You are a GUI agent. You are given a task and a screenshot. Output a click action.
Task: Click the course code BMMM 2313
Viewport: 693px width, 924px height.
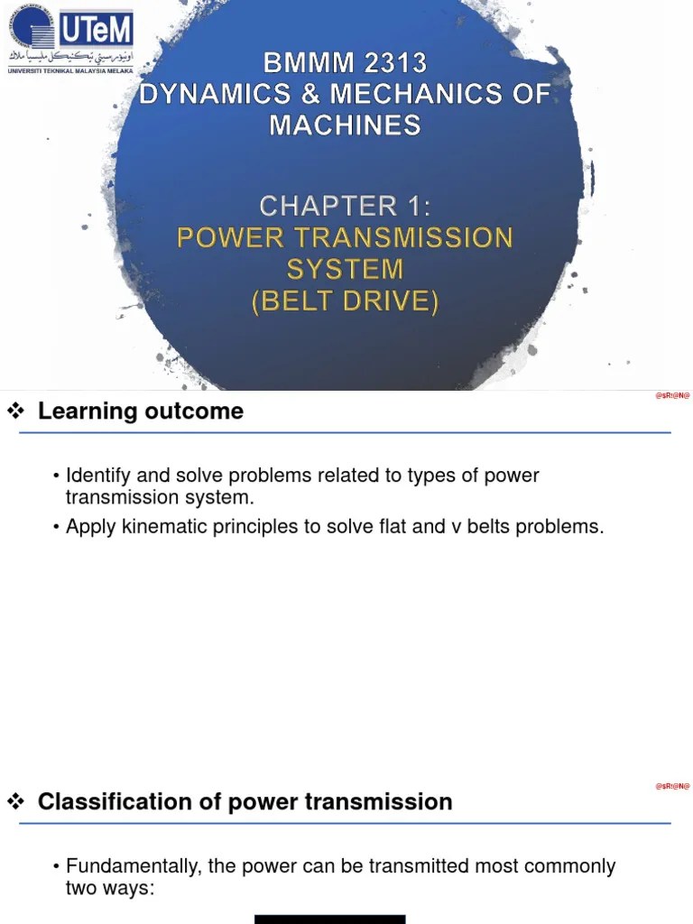pyautogui.click(x=345, y=63)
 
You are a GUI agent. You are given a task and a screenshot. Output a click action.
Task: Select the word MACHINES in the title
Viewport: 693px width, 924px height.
pyautogui.click(x=345, y=125)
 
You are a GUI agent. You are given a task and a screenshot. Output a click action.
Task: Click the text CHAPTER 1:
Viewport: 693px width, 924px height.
pyautogui.click(x=345, y=207)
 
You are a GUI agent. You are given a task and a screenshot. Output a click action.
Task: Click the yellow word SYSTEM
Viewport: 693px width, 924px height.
pyautogui.click(x=345, y=269)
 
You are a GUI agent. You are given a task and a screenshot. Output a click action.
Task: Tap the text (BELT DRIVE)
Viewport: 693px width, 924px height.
pyautogui.click(x=345, y=300)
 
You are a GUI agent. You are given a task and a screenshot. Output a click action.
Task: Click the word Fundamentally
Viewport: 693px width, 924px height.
pyautogui.click(x=134, y=866)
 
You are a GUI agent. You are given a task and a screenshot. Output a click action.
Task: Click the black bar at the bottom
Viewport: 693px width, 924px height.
pyautogui.click(x=329, y=919)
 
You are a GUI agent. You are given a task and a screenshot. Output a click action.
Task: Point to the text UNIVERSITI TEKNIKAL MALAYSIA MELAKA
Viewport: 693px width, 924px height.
pyautogui.click(x=70, y=70)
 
